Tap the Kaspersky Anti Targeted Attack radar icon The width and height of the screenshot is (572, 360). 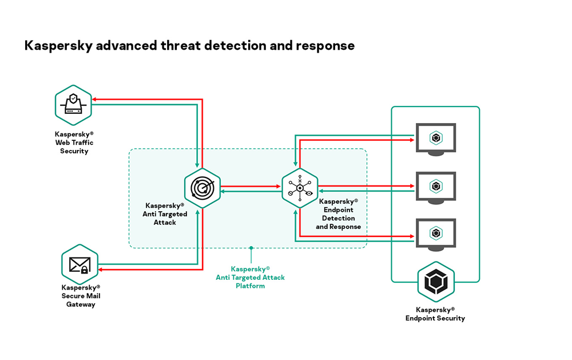pyautogui.click(x=202, y=188)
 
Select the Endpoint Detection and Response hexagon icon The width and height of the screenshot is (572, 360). pyautogui.click(x=300, y=188)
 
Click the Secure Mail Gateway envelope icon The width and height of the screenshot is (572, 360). pyautogui.click(x=80, y=264)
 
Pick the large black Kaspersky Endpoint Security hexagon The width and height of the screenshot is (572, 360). pyautogui.click(x=436, y=281)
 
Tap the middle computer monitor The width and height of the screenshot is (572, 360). pyautogui.click(x=436, y=187)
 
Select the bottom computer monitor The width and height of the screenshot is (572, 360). pyautogui.click(x=436, y=233)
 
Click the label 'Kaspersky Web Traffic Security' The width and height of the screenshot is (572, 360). pyautogui.click(x=74, y=143)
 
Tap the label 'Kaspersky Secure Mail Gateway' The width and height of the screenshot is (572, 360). pyautogui.click(x=81, y=296)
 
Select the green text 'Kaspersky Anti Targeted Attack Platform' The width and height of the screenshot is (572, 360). pyautogui.click(x=250, y=277)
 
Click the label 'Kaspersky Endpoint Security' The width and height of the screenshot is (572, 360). pyautogui.click(x=435, y=314)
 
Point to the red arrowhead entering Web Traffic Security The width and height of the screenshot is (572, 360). pyautogui.click(x=96, y=100)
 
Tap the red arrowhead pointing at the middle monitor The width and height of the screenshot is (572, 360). pyautogui.click(x=411, y=185)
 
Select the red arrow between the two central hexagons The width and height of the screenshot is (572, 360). pyautogui.click(x=252, y=185)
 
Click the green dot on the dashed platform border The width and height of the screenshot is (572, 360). pyautogui.click(x=251, y=248)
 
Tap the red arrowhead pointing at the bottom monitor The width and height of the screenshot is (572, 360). pyautogui.click(x=411, y=236)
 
